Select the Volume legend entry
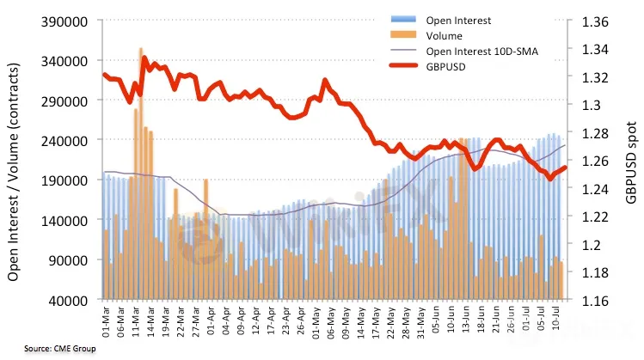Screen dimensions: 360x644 [x=444, y=36]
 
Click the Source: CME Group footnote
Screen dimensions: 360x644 [x=49, y=348]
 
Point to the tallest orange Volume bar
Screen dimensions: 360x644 [x=141, y=172]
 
